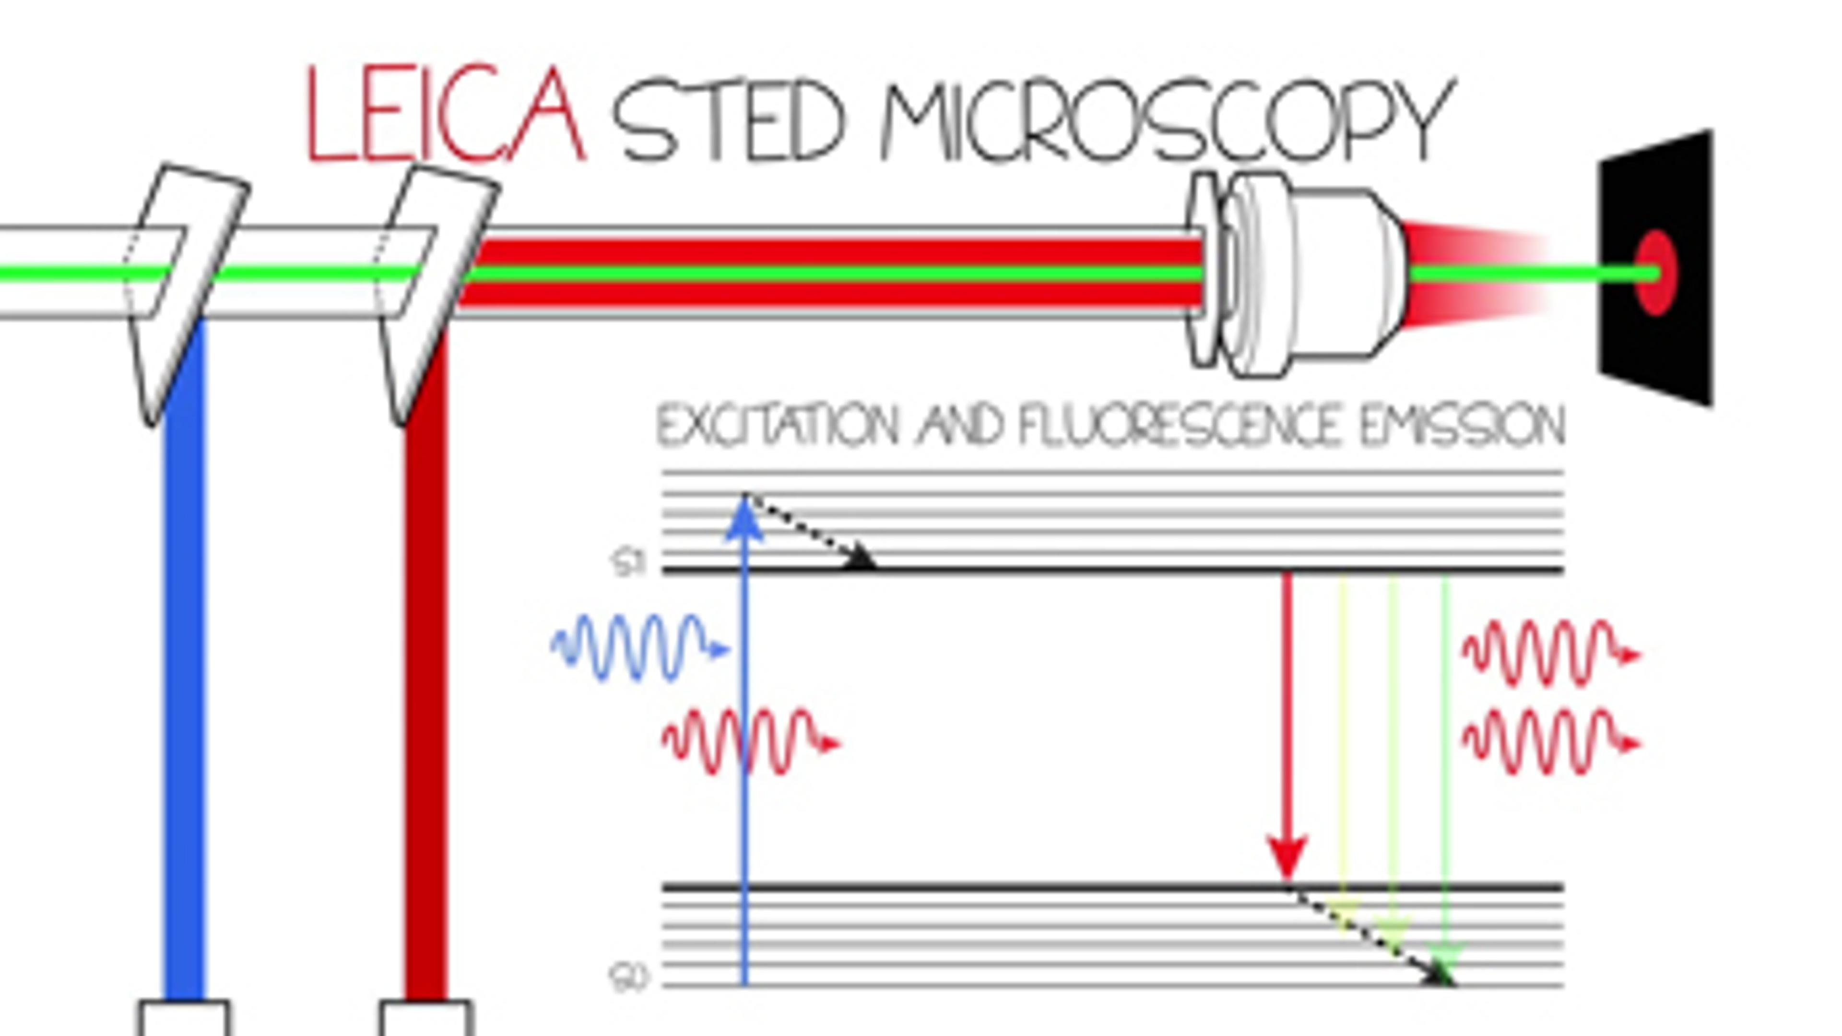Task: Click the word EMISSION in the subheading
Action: coord(1462,426)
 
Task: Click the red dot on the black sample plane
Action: coord(1656,273)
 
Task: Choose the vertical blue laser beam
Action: coord(185,679)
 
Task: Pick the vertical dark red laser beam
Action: coord(426,679)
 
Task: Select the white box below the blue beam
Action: coord(185,1020)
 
